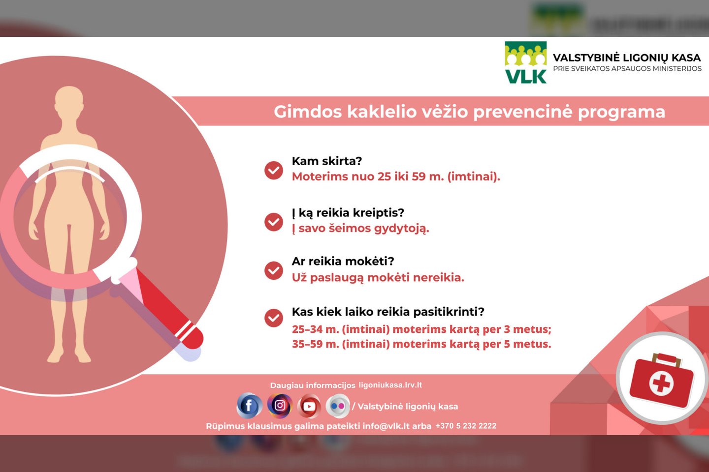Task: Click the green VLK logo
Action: [525, 63]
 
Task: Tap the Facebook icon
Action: [249, 406]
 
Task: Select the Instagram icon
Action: [280, 405]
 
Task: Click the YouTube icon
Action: [309, 406]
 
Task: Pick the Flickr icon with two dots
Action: [338, 406]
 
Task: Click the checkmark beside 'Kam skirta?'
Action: [274, 170]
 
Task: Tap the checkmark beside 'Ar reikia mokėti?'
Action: [274, 270]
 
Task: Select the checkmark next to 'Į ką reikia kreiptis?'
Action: [274, 222]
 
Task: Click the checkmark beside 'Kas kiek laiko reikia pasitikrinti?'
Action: [274, 318]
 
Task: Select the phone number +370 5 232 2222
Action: [466, 426]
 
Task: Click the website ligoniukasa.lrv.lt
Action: [390, 385]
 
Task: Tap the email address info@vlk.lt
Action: [386, 426]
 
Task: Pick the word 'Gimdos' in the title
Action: [308, 112]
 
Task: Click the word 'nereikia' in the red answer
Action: [438, 277]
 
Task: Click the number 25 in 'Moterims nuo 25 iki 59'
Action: [384, 177]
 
